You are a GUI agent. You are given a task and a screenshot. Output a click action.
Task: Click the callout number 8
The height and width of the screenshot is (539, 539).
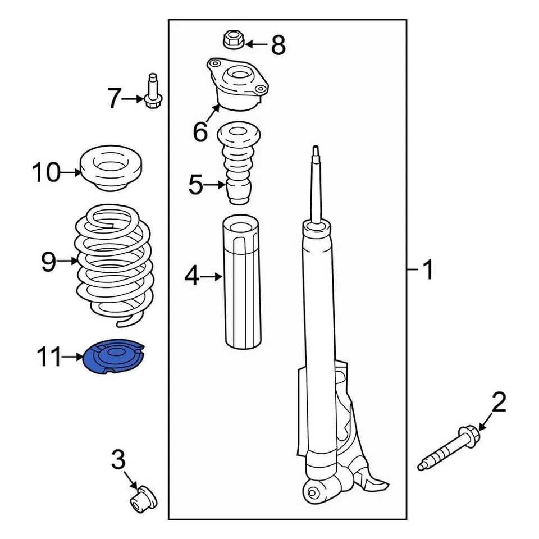(278, 44)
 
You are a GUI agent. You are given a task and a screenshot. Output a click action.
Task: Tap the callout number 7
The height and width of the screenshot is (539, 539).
(114, 99)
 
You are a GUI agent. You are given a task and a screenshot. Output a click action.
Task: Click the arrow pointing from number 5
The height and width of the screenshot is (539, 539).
(214, 184)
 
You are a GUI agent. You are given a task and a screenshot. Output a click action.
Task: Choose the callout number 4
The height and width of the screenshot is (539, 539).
(191, 276)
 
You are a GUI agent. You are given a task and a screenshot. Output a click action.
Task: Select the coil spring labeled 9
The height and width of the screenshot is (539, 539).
(113, 264)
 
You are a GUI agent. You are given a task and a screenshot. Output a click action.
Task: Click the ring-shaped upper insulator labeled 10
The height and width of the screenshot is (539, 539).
(110, 168)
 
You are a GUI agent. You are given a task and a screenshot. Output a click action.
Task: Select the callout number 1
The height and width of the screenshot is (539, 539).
(428, 271)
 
